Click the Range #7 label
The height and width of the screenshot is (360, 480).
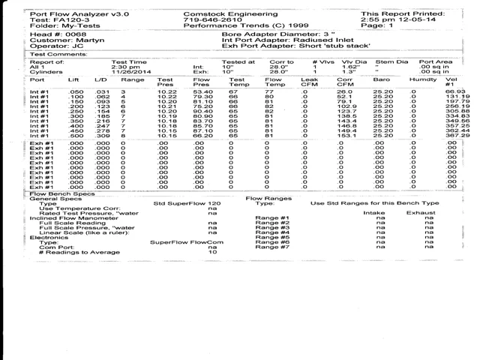pyautogui.click(x=272, y=247)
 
